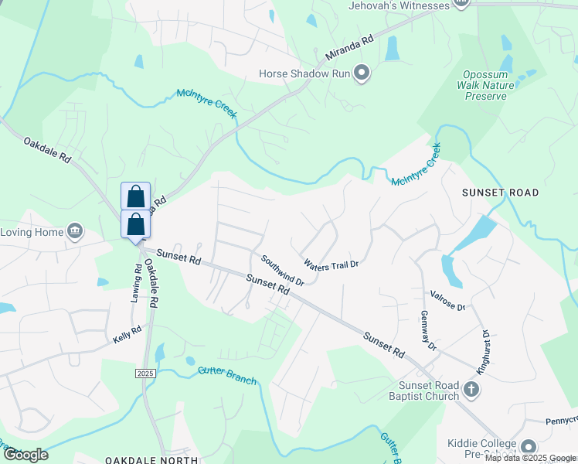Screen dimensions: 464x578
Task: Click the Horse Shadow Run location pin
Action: (x=362, y=74)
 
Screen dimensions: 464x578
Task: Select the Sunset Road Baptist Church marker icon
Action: (x=471, y=391)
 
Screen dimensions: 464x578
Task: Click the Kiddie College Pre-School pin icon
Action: (x=529, y=447)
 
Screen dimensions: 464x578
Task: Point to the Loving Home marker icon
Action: (x=75, y=230)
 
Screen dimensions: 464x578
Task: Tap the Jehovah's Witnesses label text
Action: (x=399, y=5)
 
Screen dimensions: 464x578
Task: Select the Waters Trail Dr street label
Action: (x=331, y=264)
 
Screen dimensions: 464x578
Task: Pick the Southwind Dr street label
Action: (x=282, y=271)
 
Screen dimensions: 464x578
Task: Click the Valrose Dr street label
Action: (x=449, y=301)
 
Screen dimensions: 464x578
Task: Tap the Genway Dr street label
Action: (x=430, y=330)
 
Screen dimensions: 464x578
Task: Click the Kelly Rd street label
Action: (x=127, y=334)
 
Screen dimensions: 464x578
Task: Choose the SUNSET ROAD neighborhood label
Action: (x=500, y=192)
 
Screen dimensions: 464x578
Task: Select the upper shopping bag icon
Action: (x=135, y=196)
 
